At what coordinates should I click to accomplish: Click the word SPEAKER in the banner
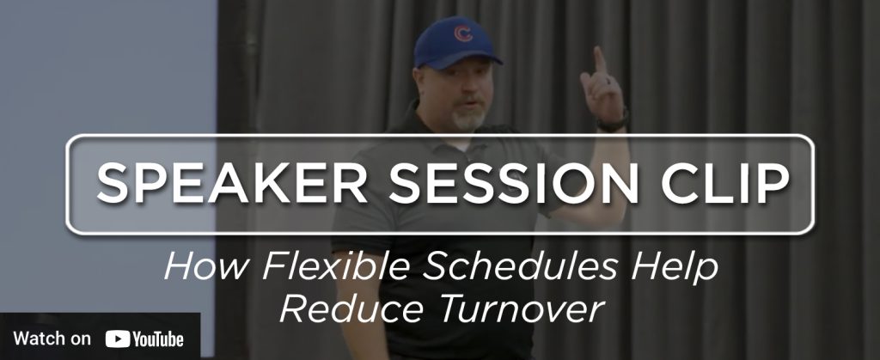(x=232, y=183)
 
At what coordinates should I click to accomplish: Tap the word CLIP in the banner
(x=724, y=183)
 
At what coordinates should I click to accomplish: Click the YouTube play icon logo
(x=117, y=339)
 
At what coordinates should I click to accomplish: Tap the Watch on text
(x=52, y=339)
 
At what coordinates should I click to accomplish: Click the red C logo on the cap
(x=463, y=34)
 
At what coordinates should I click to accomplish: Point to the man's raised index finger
(x=599, y=60)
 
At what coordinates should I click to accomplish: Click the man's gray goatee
(x=469, y=119)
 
